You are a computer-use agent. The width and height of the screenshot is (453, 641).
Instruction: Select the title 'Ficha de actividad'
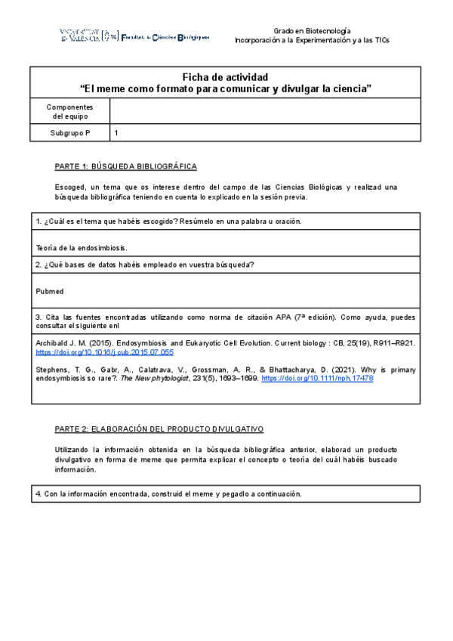point(226,77)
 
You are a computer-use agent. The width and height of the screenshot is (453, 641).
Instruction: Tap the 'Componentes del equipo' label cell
point(69,111)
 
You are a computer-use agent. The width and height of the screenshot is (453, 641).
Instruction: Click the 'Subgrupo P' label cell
point(69,133)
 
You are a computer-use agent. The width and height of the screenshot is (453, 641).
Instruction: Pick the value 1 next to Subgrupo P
point(116,133)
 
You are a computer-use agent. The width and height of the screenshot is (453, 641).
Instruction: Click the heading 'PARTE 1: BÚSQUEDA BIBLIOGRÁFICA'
point(126,166)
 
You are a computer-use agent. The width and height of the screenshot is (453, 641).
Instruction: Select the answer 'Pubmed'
point(50,290)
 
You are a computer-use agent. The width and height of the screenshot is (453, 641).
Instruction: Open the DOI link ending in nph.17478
point(317,378)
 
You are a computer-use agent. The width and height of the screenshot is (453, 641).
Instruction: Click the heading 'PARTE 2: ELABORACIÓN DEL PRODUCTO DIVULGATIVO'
point(159,429)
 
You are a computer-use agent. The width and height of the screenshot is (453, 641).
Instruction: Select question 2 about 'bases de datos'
point(144,264)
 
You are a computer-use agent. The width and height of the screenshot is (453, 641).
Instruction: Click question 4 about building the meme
point(168,494)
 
